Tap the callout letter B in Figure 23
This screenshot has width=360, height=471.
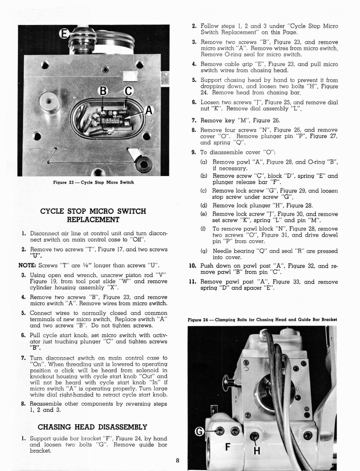[x=103, y=91]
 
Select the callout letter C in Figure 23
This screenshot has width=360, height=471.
[x=128, y=91]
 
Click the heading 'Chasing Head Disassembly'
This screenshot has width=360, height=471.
[x=92, y=427]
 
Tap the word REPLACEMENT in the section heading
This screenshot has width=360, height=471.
[x=93, y=219]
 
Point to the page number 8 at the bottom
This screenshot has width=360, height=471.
[x=178, y=460]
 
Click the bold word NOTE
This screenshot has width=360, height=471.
[x=27, y=265]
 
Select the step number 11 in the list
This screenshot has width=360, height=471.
[x=193, y=282]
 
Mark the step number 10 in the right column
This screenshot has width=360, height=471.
[x=193, y=266]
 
